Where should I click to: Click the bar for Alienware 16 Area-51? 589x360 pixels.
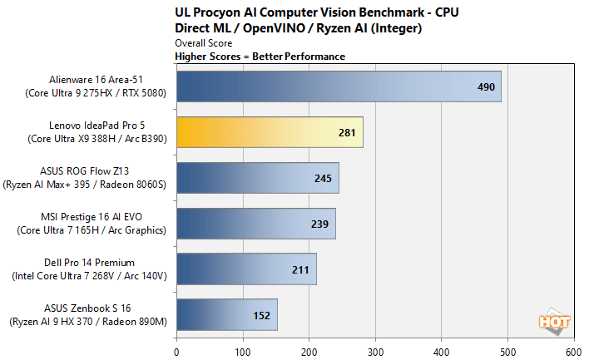point(338,87)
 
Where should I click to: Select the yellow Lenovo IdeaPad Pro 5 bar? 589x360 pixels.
point(269,132)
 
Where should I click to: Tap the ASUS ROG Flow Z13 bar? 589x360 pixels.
point(257,178)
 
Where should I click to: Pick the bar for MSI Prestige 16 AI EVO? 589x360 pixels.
point(255,223)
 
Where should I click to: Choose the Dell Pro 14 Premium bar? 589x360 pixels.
point(245,269)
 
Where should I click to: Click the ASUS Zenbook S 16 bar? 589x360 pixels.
point(226,314)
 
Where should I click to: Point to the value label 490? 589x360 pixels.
point(485,87)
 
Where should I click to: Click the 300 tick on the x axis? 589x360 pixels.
point(376,351)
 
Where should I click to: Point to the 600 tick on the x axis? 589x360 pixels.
point(574,351)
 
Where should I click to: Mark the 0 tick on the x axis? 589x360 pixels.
point(176,351)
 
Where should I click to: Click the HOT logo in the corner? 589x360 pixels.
point(549,320)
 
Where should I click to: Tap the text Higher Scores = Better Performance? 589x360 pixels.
point(260,57)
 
